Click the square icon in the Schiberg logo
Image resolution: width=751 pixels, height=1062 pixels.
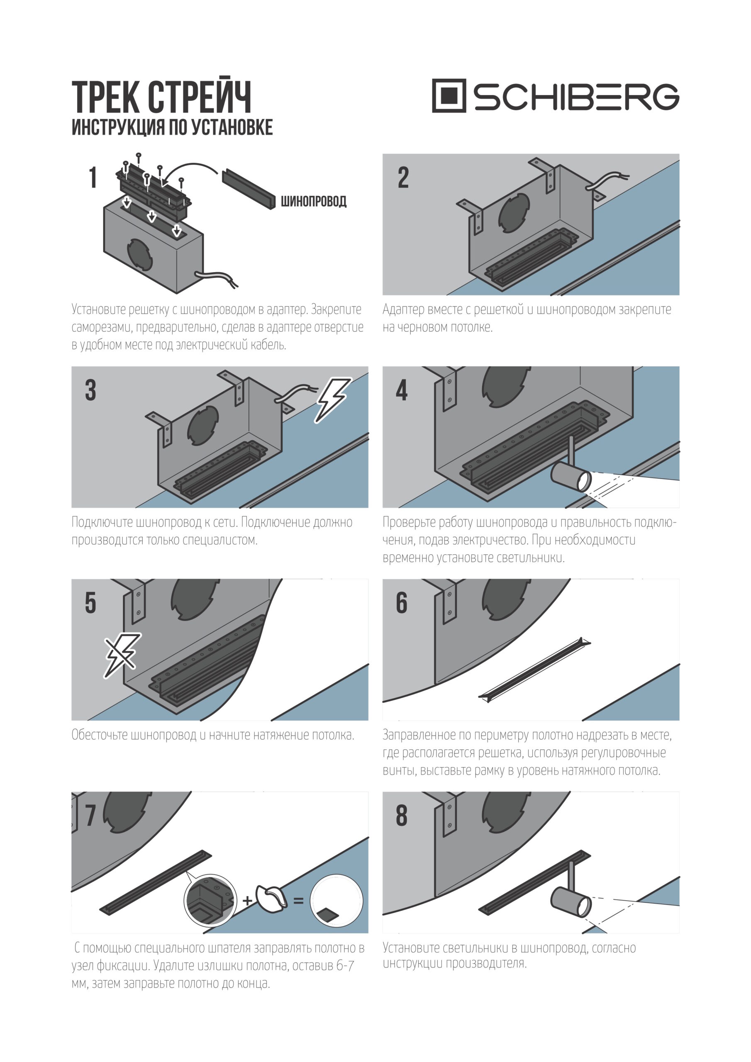[449, 96]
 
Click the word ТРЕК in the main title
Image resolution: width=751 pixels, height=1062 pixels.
[106, 97]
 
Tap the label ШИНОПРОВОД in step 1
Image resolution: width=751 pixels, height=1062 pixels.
[314, 201]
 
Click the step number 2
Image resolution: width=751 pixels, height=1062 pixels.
[403, 178]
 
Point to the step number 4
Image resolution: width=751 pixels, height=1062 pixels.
[402, 390]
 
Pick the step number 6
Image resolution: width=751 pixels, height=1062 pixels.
[402, 603]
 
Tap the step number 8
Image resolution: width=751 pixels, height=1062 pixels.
[402, 815]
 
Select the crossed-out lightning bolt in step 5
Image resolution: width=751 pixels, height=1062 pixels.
[121, 655]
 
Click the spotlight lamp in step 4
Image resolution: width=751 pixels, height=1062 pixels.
[571, 476]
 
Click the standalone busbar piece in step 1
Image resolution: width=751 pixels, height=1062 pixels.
[249, 190]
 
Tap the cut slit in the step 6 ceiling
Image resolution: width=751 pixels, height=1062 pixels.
[534, 670]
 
